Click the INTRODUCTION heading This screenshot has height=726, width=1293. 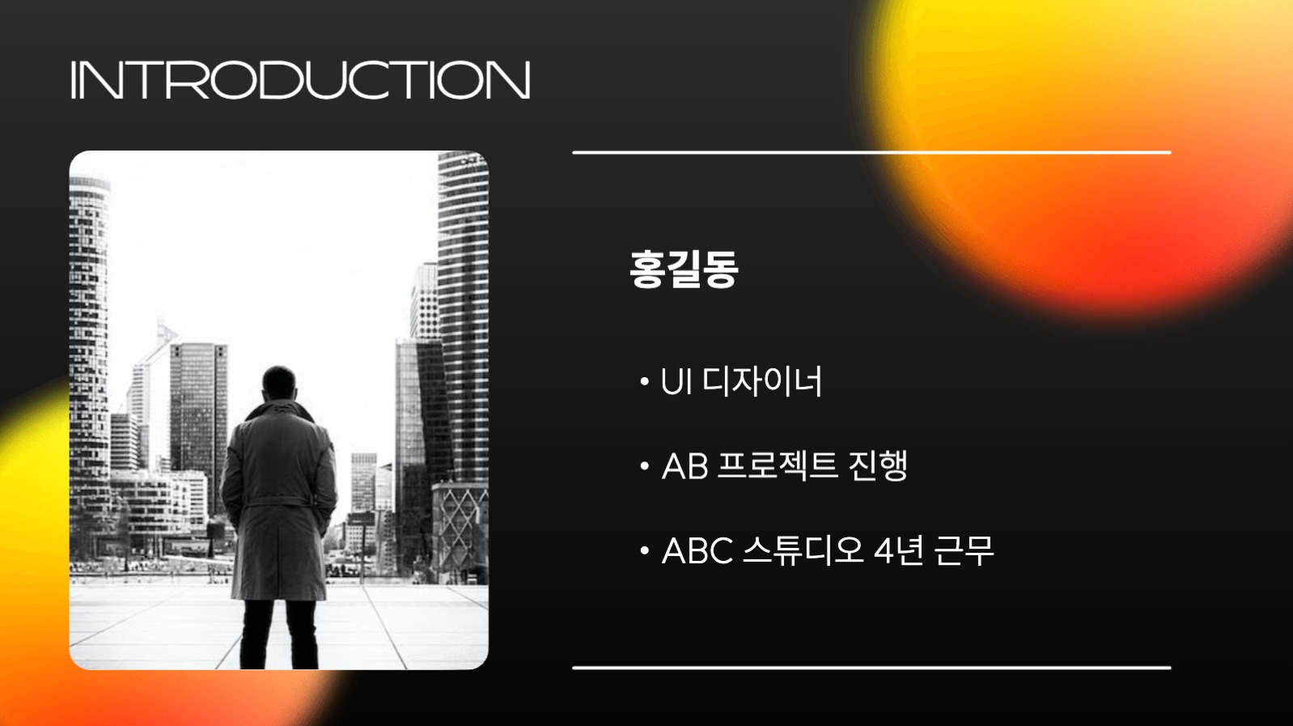click(x=300, y=80)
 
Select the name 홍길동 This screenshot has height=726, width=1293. click(x=684, y=269)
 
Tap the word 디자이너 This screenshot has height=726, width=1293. click(x=762, y=380)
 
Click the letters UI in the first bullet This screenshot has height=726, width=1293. click(x=676, y=382)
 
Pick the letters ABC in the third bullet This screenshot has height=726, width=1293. click(x=697, y=551)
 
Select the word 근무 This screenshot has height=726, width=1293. click(x=964, y=550)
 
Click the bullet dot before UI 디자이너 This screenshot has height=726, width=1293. click(x=644, y=381)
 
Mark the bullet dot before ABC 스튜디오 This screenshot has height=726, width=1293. click(x=644, y=551)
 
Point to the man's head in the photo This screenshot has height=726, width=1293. click(x=279, y=384)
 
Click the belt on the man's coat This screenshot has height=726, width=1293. click(x=278, y=503)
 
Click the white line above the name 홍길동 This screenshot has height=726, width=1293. click(x=871, y=151)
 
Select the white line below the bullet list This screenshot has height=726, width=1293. click(x=871, y=668)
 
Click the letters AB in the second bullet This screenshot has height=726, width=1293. click(x=685, y=466)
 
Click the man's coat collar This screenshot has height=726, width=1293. click(x=279, y=412)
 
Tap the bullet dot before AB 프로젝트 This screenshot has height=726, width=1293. click(x=644, y=466)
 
